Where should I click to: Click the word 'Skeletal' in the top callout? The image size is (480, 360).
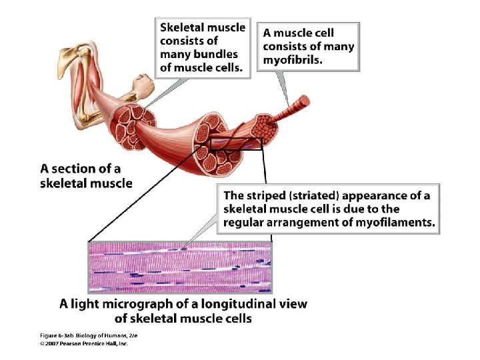(181, 27)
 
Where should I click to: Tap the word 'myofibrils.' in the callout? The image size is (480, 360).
(293, 59)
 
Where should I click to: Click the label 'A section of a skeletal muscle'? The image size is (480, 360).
(87, 175)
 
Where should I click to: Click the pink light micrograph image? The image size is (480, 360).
(180, 266)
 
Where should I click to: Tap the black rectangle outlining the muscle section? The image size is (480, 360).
(237, 144)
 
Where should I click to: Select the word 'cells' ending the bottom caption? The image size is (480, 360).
(237, 319)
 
